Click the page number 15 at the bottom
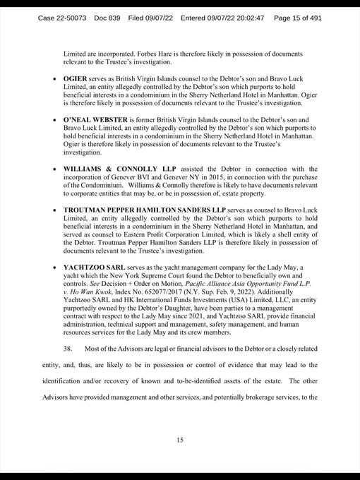[x=180, y=440]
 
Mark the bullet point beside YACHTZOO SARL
[x=54, y=269]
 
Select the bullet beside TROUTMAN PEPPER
[x=54, y=211]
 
